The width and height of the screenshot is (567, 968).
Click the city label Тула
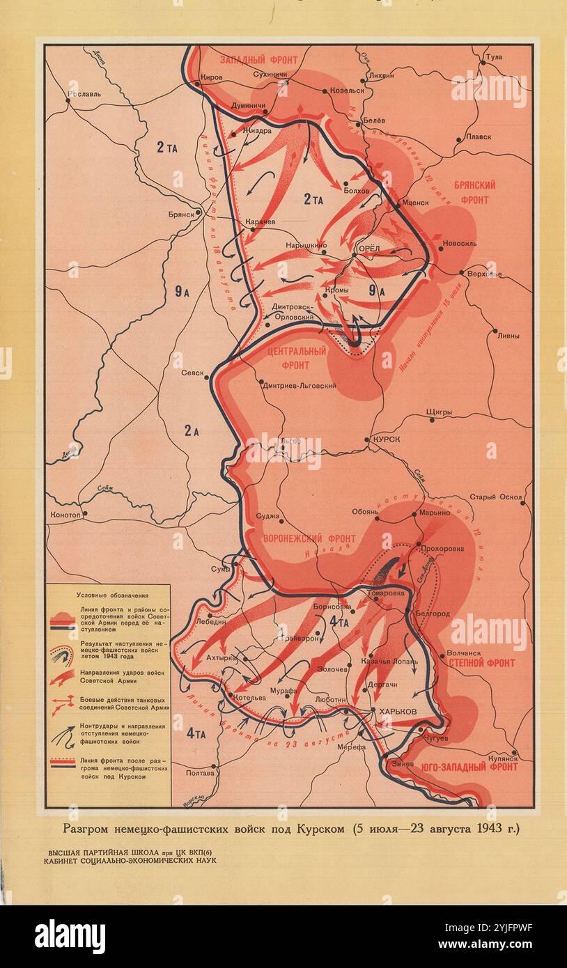tap(494, 56)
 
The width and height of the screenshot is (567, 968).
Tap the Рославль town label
tap(84, 93)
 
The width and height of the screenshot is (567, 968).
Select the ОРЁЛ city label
tap(368, 249)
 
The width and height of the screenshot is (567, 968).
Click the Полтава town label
tap(200, 773)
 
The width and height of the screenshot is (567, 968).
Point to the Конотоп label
tap(66, 515)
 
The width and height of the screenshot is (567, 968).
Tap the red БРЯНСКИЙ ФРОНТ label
tap(475, 193)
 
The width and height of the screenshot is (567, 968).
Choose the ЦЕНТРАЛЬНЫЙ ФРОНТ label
tap(297, 357)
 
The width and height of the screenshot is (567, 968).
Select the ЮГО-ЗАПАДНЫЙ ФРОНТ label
tap(469, 767)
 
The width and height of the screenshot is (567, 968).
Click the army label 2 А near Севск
tap(192, 430)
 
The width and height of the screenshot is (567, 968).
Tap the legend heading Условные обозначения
tap(108, 595)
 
